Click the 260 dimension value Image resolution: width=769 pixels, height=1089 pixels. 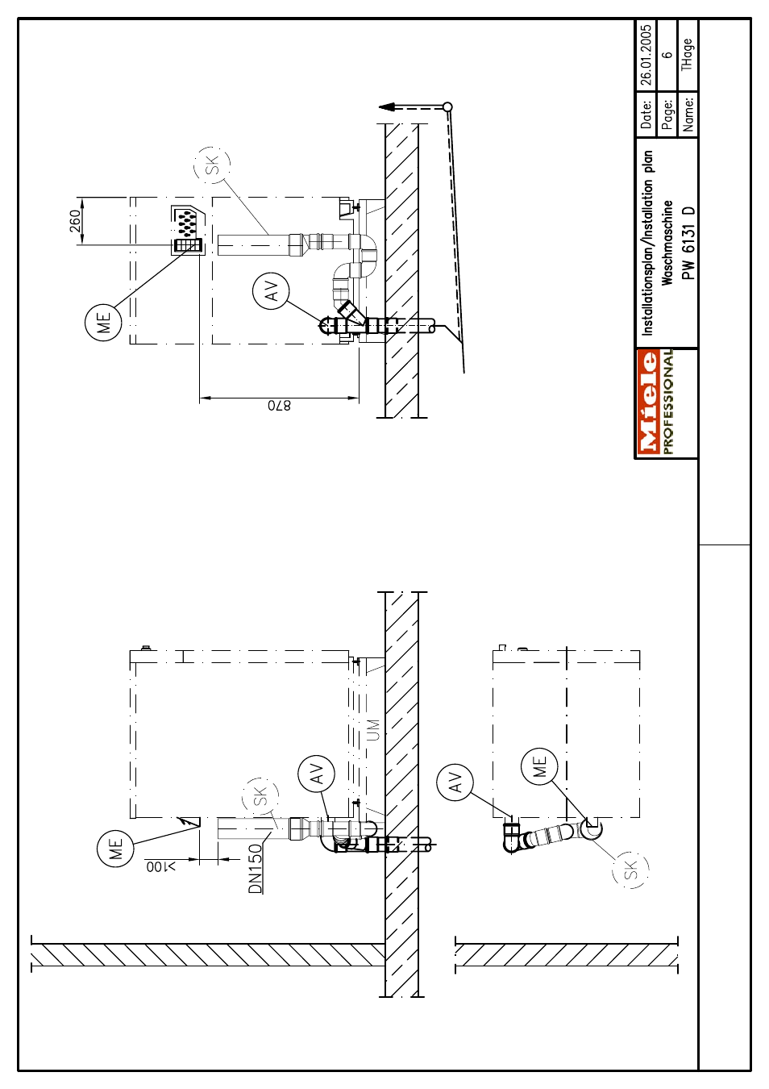tap(76, 221)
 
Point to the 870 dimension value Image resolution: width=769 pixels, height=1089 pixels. tap(280, 406)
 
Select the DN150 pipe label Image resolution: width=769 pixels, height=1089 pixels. tap(255, 869)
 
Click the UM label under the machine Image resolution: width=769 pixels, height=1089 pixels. tap(373, 730)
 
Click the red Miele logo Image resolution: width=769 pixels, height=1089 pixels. tap(647, 404)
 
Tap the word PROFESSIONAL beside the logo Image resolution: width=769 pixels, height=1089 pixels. tap(667, 404)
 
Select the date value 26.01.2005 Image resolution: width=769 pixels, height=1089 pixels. tap(646, 55)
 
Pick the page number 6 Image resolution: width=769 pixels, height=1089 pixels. tap(668, 55)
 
